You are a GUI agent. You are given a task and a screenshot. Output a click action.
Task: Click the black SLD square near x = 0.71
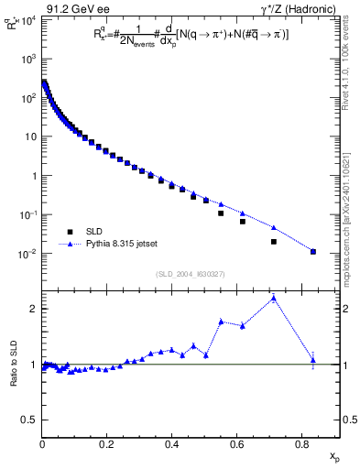(x=274, y=242)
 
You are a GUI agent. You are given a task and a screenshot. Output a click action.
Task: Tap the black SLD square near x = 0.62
(x=243, y=222)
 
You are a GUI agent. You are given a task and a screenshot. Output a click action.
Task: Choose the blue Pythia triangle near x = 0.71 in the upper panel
(x=274, y=227)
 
